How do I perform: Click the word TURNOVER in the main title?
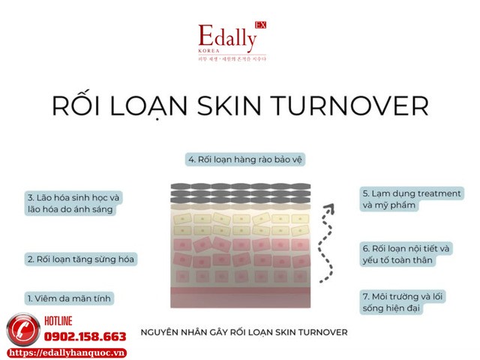358,105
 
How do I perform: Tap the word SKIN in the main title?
238,105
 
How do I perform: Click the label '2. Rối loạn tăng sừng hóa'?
81,259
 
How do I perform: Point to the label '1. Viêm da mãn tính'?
68,298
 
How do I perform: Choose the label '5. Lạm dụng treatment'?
411,199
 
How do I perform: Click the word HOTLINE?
70,321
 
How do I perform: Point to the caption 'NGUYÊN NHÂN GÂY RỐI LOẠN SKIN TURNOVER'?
244,330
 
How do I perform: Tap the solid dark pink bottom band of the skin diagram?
241,297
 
